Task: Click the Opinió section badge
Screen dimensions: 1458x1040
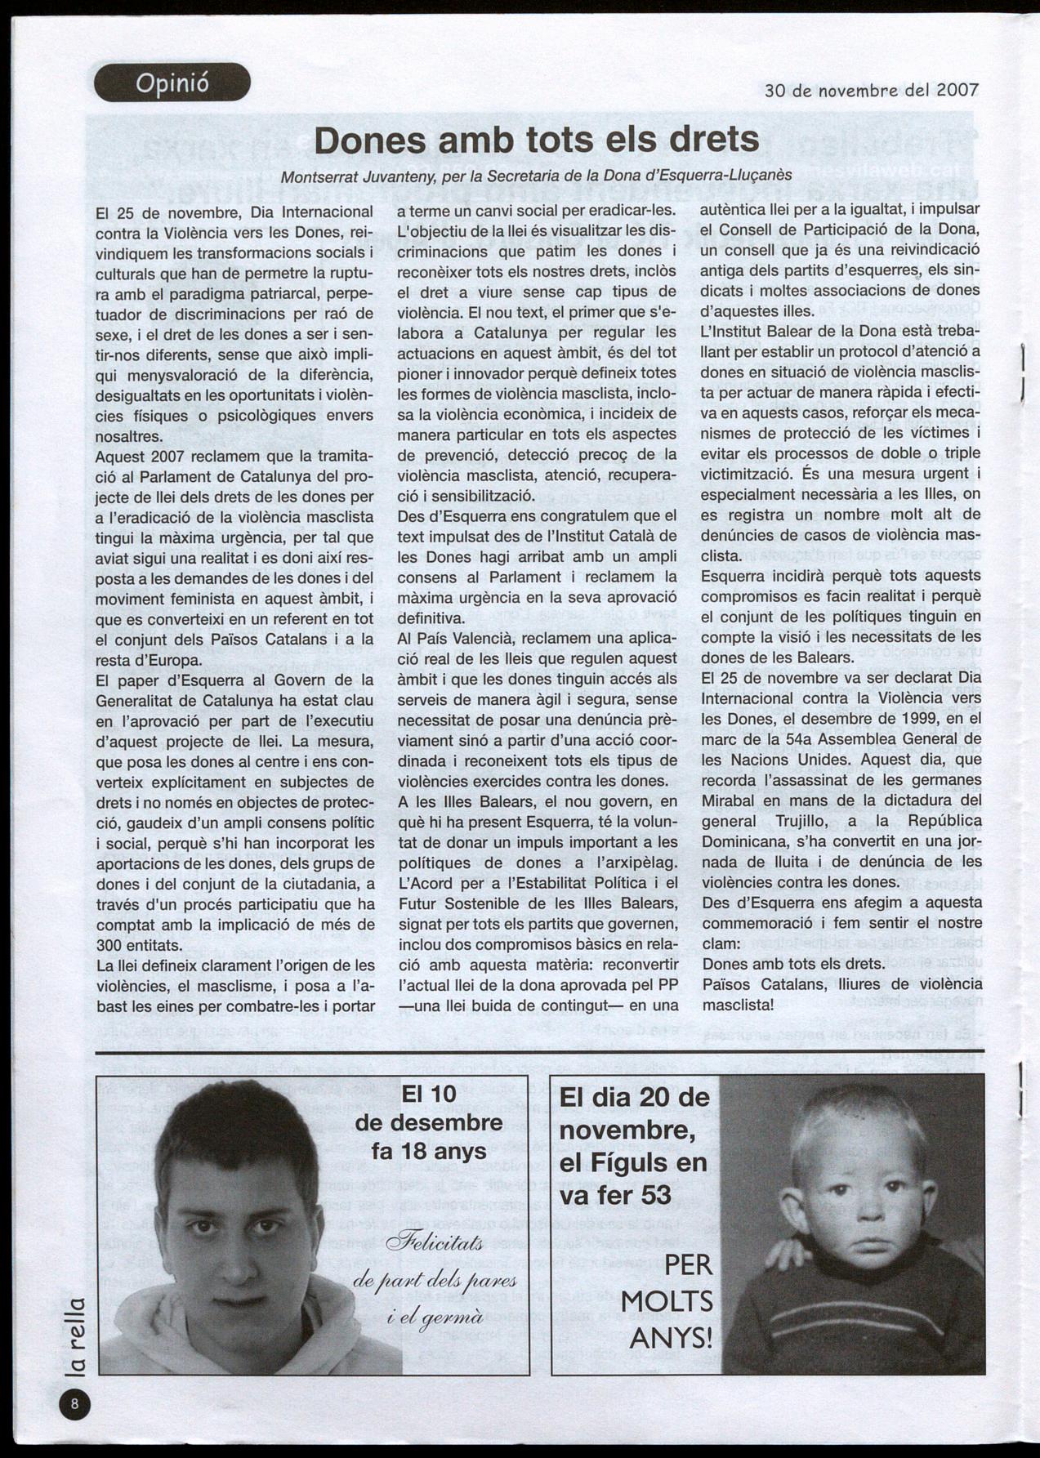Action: pos(172,82)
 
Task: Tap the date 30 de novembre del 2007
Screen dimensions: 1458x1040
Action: pos(871,90)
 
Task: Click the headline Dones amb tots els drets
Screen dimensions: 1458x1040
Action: pos(537,140)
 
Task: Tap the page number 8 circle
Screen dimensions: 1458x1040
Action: pos(75,1404)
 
